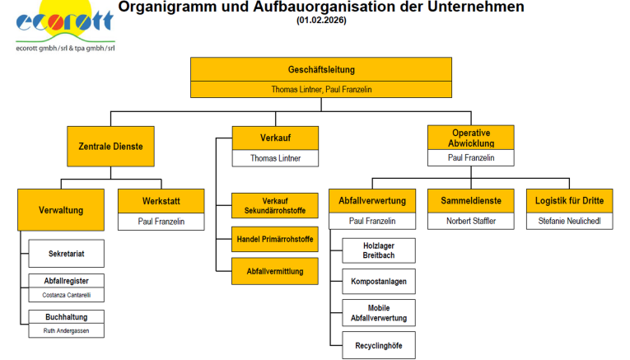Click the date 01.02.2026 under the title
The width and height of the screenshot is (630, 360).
(321, 20)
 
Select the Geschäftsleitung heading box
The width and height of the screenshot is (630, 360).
(321, 69)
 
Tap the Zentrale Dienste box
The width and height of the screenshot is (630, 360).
(110, 147)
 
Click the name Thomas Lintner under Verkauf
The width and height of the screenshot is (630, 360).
(275, 158)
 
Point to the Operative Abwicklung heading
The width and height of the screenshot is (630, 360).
(471, 138)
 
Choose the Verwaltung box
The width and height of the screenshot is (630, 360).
(61, 210)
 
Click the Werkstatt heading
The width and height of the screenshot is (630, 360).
(161, 201)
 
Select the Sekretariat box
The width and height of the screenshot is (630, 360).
(67, 254)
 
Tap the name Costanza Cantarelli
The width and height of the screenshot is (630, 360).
(67, 295)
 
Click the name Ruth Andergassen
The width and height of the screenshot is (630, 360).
(67, 330)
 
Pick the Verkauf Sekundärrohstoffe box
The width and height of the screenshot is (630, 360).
(275, 205)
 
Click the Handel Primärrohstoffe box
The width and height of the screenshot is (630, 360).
(275, 239)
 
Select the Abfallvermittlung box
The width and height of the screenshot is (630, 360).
(275, 271)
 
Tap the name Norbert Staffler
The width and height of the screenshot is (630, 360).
(471, 221)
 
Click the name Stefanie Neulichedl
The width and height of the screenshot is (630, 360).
(569, 221)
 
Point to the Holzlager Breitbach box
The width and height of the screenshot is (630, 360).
(379, 250)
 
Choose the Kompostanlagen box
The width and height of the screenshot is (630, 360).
(379, 281)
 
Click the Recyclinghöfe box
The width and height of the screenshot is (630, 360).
(379, 345)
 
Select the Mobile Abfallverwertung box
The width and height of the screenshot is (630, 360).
(379, 312)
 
